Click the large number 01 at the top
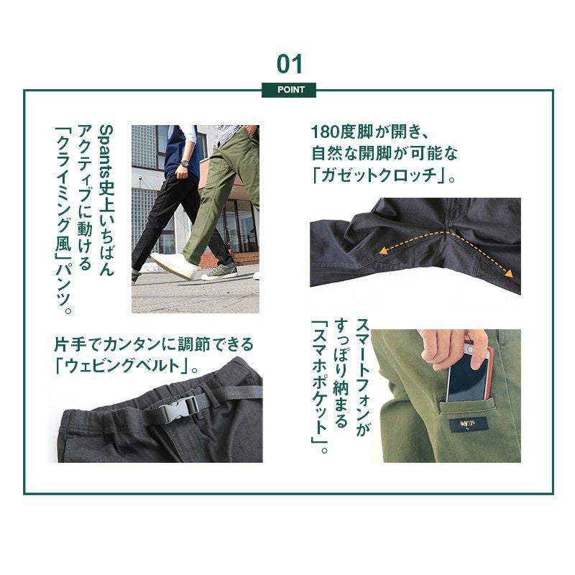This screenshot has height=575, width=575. coord(290,64)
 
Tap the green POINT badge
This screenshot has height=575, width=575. coord(289,90)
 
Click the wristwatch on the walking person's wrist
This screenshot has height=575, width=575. coord(185,164)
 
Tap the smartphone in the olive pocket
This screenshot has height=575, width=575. coord(469,374)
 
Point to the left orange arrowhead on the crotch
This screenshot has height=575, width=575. coord(384,250)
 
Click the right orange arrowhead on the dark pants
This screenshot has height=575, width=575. coord(509,274)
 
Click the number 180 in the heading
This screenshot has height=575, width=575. coord(326,132)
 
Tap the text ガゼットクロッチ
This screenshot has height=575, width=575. coord(379,175)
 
